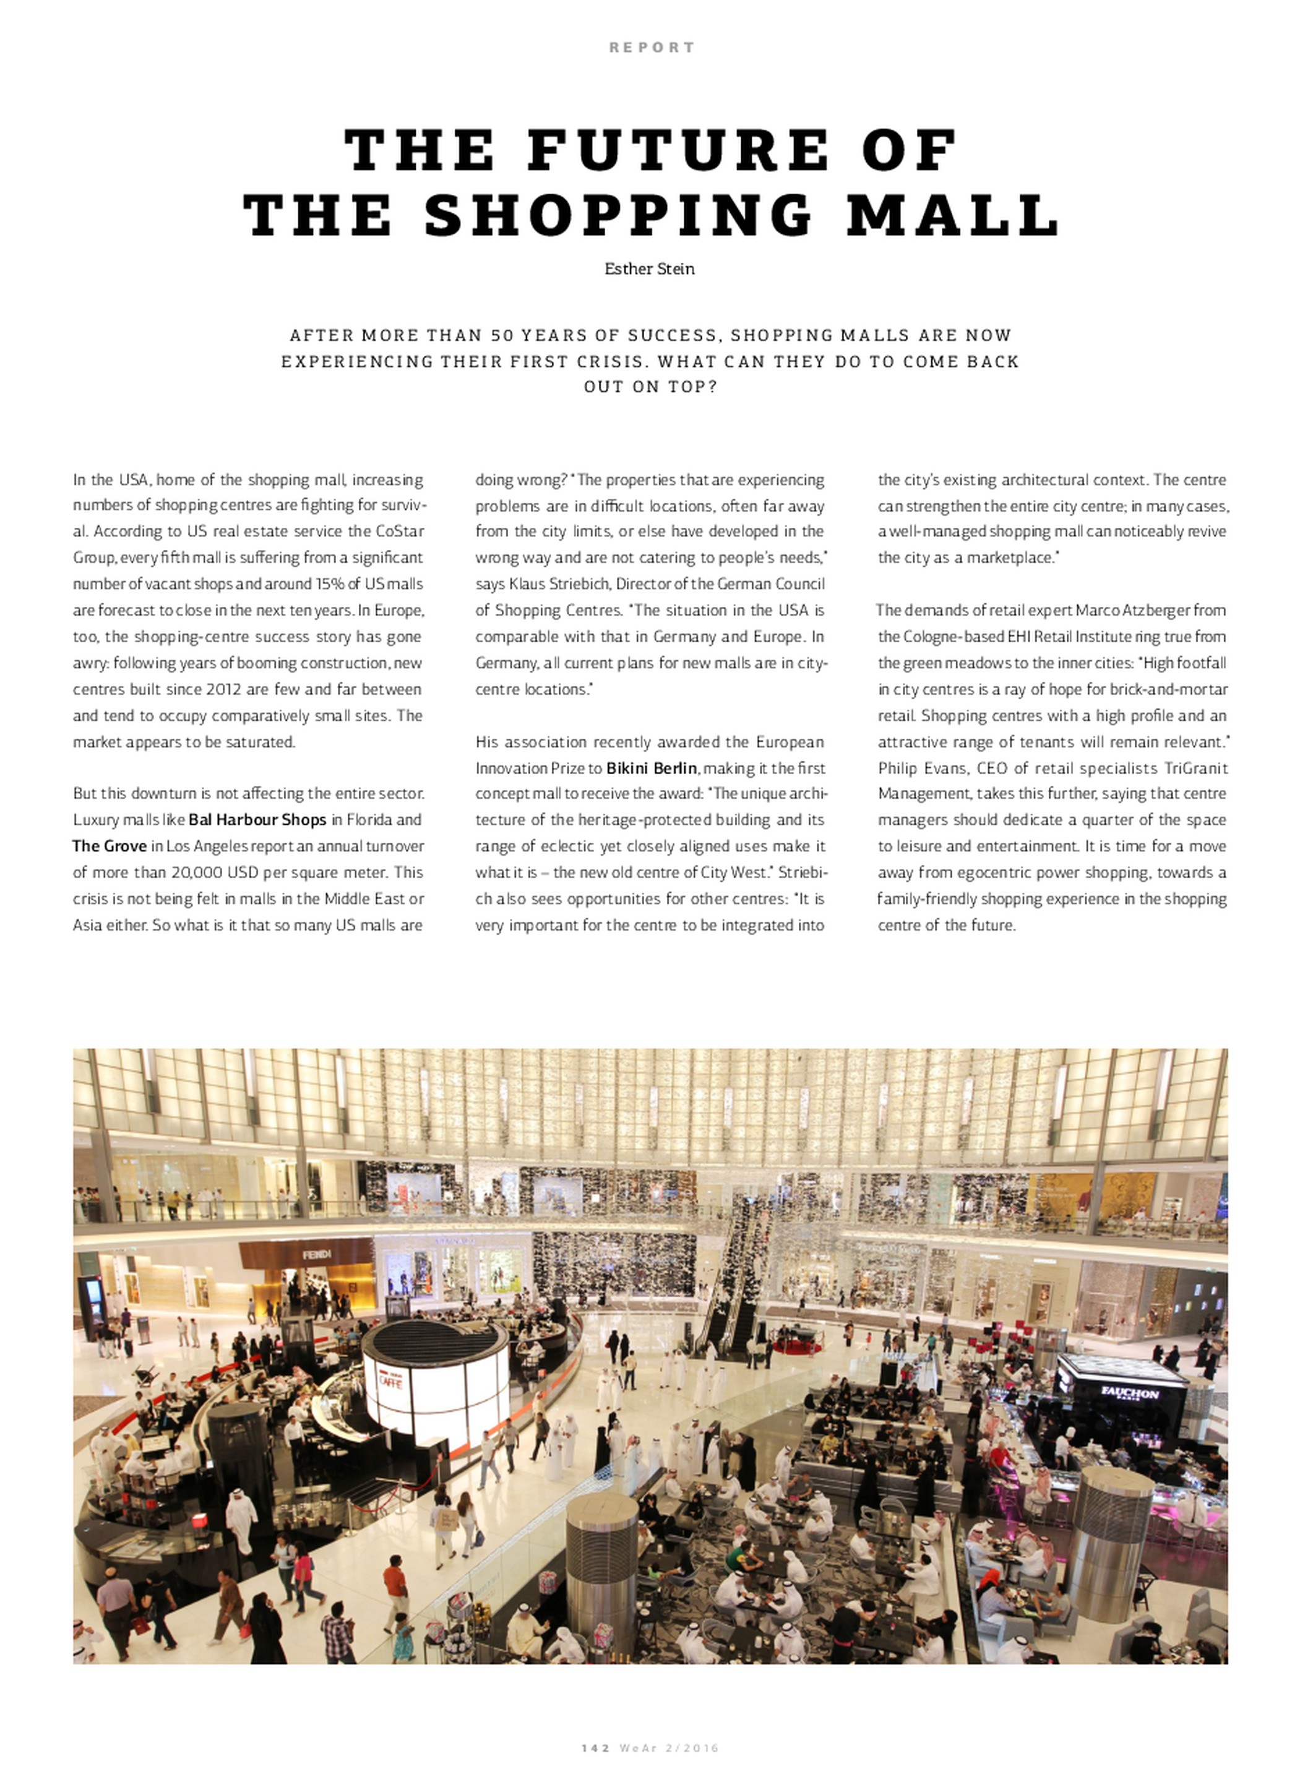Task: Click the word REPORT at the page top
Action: (x=652, y=47)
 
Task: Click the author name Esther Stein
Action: (x=649, y=269)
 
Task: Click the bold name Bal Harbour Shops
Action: (x=257, y=820)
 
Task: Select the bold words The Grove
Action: (x=110, y=846)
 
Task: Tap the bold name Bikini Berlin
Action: (x=652, y=768)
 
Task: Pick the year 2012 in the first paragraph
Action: (x=223, y=689)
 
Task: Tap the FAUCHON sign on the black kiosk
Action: (x=1129, y=1393)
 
